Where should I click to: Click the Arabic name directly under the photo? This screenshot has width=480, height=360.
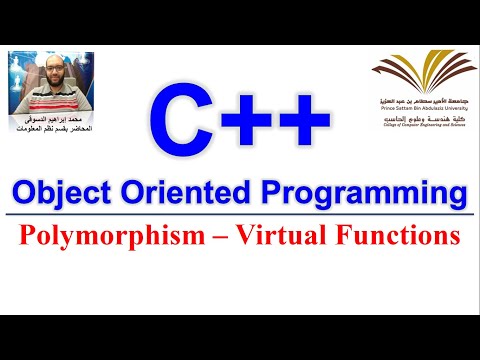tap(58, 120)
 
